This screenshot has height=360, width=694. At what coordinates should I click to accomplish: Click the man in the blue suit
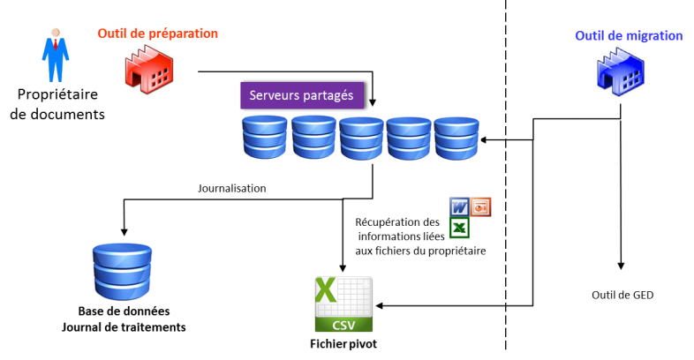click(55, 55)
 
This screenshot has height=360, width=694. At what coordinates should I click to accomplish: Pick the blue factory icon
click(621, 73)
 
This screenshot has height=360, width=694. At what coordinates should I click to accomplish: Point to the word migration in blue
click(652, 36)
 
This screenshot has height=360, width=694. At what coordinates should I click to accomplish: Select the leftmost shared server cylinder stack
click(265, 138)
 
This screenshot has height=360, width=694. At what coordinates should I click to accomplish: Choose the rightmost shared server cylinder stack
click(456, 139)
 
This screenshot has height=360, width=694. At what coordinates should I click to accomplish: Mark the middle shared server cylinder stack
click(362, 139)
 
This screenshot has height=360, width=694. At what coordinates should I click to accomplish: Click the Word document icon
click(459, 206)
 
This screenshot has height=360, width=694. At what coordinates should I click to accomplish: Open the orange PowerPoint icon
click(481, 206)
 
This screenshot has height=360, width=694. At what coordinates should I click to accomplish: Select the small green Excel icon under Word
click(459, 228)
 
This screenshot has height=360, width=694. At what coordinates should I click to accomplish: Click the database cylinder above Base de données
click(122, 270)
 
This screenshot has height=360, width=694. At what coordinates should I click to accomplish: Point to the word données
click(147, 311)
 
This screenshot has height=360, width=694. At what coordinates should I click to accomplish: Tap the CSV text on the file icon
click(343, 325)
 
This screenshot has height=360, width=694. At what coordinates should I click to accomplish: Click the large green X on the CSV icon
click(326, 290)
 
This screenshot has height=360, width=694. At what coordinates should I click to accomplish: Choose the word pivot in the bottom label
click(362, 344)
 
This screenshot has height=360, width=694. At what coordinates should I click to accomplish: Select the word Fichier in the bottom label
click(327, 344)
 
